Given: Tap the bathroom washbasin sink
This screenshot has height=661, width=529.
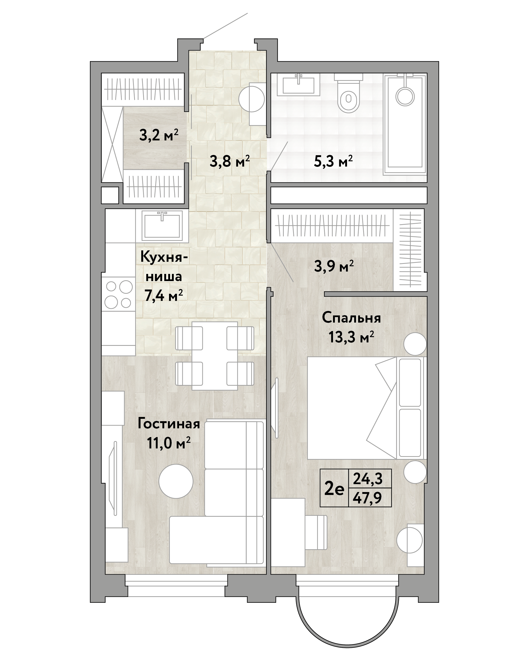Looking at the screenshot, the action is click(x=298, y=84).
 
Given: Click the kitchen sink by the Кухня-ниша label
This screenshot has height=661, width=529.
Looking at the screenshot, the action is click(x=162, y=226).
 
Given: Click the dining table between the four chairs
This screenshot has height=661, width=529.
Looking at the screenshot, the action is click(x=215, y=356).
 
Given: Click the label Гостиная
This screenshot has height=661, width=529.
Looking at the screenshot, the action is click(x=169, y=424).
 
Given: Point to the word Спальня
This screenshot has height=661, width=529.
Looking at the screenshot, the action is click(x=352, y=318).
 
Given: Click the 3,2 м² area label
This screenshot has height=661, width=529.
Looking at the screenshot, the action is click(x=158, y=135).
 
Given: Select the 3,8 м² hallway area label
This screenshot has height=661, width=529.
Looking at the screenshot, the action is click(x=230, y=161).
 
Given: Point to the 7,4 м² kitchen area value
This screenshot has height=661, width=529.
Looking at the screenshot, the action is click(x=164, y=296).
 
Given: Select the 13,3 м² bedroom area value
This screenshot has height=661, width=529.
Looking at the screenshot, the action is click(x=352, y=337).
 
